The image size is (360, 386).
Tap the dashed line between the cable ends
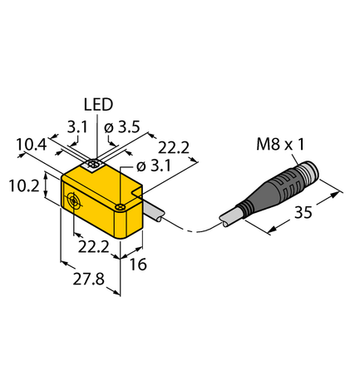point(193,230)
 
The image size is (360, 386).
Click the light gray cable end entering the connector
point(230,217)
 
